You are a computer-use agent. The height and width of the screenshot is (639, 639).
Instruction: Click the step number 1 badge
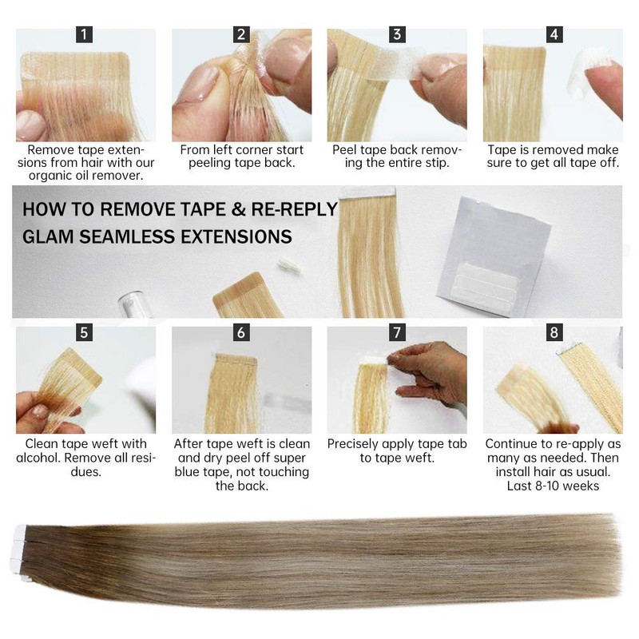tap(84, 34)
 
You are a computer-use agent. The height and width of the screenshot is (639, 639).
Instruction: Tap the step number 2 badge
tap(241, 34)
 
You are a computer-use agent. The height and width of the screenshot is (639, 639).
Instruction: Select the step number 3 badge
tap(397, 34)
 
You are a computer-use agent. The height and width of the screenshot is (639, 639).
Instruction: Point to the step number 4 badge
tap(554, 34)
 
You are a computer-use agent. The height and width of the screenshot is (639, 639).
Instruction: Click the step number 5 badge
tap(84, 332)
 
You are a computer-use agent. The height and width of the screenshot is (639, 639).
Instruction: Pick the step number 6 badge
tap(241, 332)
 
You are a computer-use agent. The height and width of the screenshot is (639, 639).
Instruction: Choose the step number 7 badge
tap(397, 332)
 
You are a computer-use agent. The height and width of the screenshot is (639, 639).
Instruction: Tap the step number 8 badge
tap(554, 332)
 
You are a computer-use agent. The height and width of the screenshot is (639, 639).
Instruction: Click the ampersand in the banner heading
tap(238, 209)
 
